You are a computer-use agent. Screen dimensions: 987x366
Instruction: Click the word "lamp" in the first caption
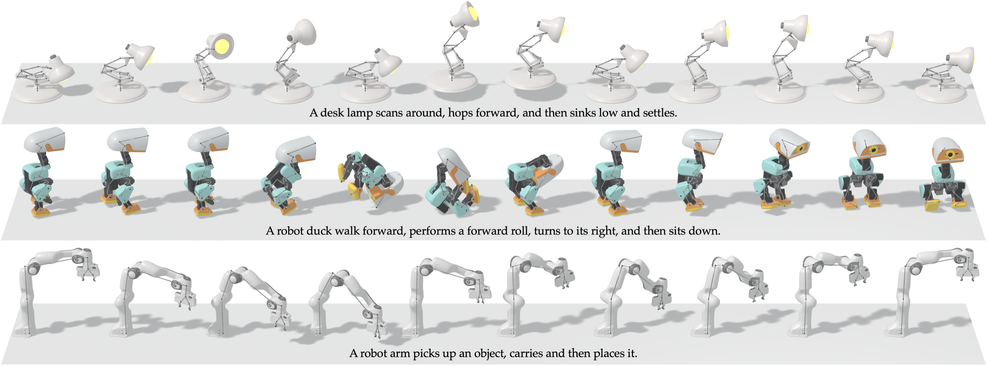(359, 113)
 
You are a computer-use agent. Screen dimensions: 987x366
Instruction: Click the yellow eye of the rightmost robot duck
(950, 154)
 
